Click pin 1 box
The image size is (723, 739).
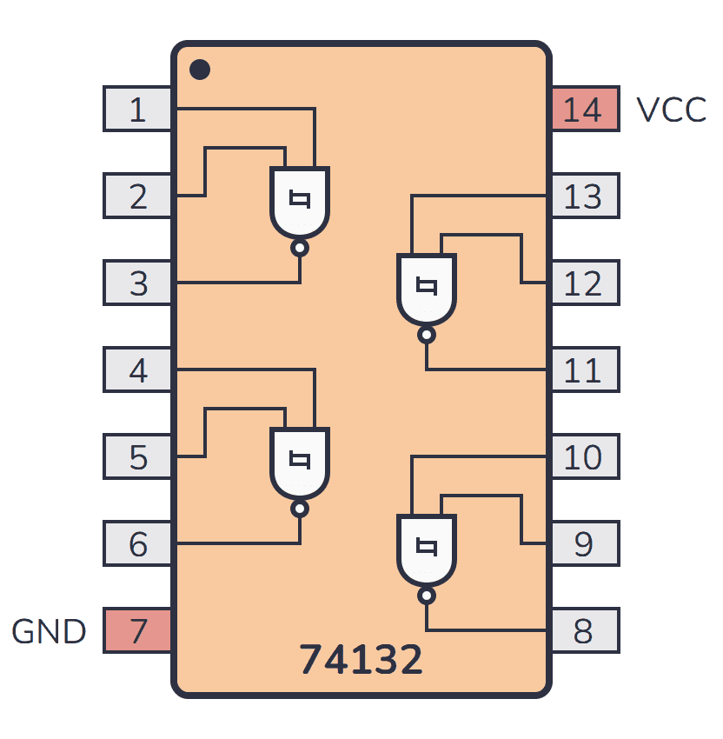pyautogui.click(x=137, y=110)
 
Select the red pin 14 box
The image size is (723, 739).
pyautogui.click(x=584, y=110)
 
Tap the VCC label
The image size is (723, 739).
pyautogui.click(x=671, y=110)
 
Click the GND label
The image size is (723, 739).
pyautogui.click(x=49, y=631)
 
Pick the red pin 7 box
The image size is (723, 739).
pyautogui.click(x=137, y=631)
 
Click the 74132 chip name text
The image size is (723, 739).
pyautogui.click(x=361, y=660)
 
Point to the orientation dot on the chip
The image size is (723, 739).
pyautogui.click(x=200, y=69)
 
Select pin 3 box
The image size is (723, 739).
pyautogui.click(x=137, y=283)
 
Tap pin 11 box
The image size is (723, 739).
pyautogui.click(x=584, y=370)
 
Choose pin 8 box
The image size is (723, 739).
pyautogui.click(x=584, y=631)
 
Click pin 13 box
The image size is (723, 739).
pyautogui.click(x=584, y=196)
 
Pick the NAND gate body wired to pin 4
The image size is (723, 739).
pyautogui.click(x=300, y=463)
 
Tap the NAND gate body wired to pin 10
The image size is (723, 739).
pyautogui.click(x=426, y=549)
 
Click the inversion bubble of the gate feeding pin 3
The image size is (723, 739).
pyautogui.click(x=300, y=249)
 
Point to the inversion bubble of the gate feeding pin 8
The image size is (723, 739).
pyautogui.click(x=426, y=596)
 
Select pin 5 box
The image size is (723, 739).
pyautogui.click(x=137, y=457)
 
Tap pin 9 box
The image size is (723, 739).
pyautogui.click(x=584, y=544)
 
